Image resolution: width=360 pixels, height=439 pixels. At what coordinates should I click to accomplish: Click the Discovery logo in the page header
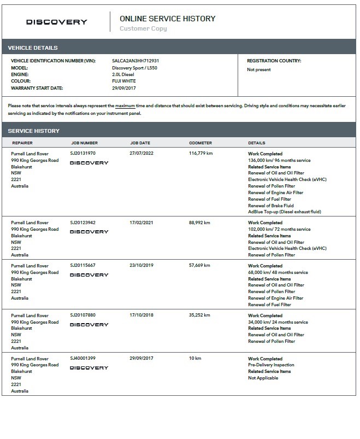point(57,22)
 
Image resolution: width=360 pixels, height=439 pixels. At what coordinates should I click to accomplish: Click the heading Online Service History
point(167,19)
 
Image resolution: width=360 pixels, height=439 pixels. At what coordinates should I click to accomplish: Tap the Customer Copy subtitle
point(143,28)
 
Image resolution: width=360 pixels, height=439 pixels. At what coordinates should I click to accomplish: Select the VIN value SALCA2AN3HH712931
point(135,61)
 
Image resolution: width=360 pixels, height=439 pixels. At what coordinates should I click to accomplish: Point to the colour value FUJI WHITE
point(125,81)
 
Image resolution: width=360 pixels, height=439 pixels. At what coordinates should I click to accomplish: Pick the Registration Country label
point(274,61)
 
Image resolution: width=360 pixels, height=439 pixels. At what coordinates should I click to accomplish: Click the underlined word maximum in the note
point(126,106)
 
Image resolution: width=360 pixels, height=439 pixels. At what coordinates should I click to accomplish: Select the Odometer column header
point(200,143)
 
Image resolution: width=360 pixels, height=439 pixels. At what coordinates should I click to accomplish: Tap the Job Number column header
point(84,143)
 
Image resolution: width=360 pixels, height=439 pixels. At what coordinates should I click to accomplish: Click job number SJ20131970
point(82,154)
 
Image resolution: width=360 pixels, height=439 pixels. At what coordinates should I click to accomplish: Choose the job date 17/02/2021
point(141,223)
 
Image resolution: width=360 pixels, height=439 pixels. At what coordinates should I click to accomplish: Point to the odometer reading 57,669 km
point(199,266)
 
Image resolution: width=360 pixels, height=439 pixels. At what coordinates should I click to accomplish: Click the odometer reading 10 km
point(195,358)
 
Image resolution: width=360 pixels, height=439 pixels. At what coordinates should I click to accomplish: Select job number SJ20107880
point(82,315)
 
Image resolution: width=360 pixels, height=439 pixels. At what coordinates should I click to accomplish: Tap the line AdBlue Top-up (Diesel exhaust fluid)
point(285,212)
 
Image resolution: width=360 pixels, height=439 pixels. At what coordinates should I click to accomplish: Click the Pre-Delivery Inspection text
point(271,365)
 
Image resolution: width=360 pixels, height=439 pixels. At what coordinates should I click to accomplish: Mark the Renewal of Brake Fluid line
point(271,206)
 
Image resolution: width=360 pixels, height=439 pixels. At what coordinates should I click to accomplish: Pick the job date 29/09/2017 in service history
point(141,358)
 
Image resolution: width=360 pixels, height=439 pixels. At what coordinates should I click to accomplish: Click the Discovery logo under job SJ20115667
point(89,275)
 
